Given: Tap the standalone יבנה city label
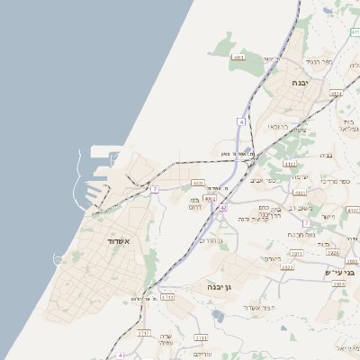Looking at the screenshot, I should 300,82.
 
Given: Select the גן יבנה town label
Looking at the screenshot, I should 219,287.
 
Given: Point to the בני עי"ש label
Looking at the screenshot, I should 339,272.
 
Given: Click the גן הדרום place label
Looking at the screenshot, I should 208,240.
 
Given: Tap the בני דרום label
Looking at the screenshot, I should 199,203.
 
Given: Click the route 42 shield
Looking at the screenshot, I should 222,208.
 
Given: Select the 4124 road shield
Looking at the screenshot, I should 336,93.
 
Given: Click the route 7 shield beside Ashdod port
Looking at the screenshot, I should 155,189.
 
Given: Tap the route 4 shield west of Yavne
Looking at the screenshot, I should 242,121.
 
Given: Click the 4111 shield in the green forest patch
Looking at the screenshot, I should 238,58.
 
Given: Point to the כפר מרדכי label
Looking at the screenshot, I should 339,182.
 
